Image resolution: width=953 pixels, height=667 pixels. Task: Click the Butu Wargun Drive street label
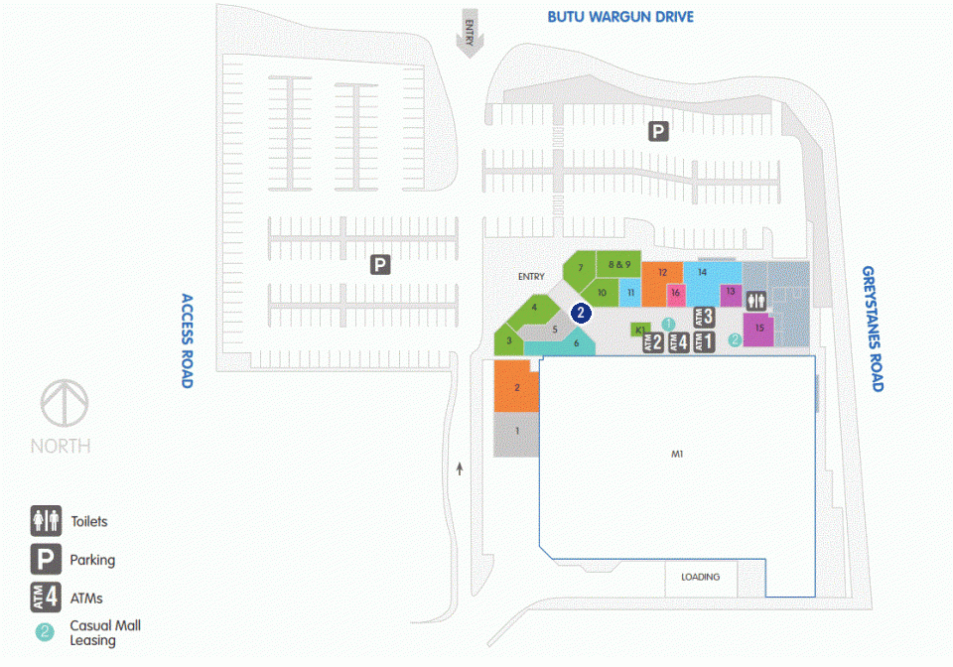(619, 17)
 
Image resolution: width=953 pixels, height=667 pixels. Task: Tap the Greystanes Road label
(873, 329)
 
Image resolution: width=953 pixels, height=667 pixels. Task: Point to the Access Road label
(188, 340)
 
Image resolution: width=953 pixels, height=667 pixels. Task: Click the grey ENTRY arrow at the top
(470, 34)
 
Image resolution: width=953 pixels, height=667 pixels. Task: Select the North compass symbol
(65, 403)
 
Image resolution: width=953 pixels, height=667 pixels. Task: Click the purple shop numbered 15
(758, 330)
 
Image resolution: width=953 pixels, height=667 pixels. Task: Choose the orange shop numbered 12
(662, 284)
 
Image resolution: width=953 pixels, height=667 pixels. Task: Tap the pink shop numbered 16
(676, 295)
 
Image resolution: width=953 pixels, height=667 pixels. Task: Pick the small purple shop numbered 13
(732, 295)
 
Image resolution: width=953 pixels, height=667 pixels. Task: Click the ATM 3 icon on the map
(704, 317)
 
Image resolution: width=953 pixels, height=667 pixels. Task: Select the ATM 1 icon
(704, 341)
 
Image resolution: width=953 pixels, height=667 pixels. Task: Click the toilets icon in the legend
(47, 521)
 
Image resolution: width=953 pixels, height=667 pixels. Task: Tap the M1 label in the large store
(677, 454)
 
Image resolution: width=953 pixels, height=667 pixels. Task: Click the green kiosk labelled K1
(639, 330)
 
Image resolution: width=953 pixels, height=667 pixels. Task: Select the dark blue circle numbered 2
(581, 313)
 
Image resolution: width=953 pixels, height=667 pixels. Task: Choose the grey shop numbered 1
(516, 434)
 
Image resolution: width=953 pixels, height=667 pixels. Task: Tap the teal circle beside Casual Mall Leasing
(45, 632)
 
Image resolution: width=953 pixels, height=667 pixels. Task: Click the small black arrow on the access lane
(460, 468)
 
